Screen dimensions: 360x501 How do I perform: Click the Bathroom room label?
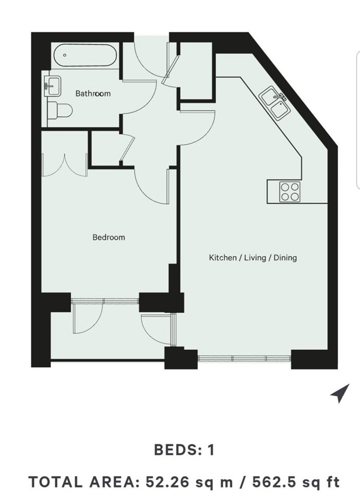click(x=93, y=93)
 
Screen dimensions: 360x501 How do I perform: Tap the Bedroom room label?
click(x=109, y=237)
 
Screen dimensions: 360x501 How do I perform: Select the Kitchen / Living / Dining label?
click(x=253, y=257)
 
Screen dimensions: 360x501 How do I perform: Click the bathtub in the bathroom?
click(x=85, y=55)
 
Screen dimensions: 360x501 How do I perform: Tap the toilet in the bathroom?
click(x=59, y=111)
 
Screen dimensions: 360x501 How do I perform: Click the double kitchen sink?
click(x=275, y=103)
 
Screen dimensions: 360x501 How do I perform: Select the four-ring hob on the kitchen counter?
click(x=290, y=192)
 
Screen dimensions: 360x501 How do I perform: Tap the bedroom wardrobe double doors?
click(x=65, y=165)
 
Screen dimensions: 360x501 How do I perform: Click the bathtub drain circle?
click(x=65, y=55)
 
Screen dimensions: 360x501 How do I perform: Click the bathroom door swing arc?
click(x=148, y=102)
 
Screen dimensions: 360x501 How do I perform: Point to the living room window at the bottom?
click(x=244, y=358)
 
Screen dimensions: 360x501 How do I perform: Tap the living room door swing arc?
click(x=205, y=135)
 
